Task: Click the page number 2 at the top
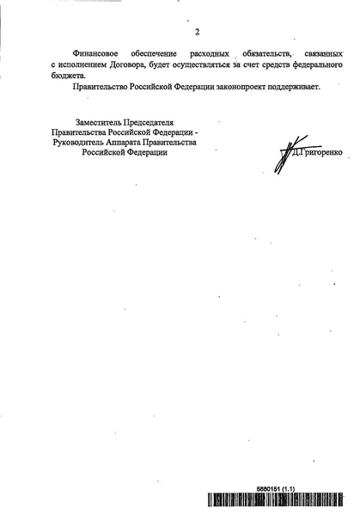point(197,33)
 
